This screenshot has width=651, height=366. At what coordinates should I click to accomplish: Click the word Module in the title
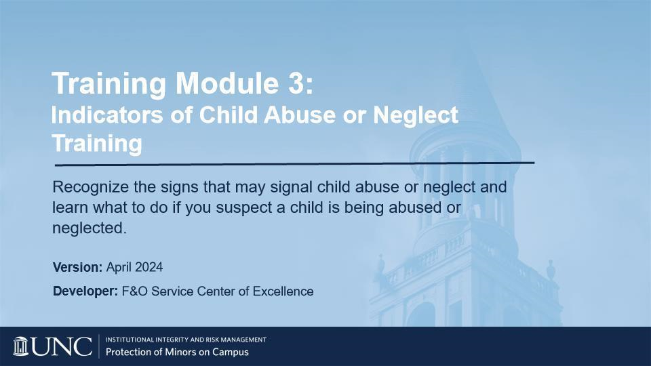226,83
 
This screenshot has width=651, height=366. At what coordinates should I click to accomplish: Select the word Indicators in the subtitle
107,115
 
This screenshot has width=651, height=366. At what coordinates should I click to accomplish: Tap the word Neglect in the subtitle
416,116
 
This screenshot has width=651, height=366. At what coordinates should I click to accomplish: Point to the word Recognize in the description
90,187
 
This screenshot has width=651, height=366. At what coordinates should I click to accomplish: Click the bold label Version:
77,267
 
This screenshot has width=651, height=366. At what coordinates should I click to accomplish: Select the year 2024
149,267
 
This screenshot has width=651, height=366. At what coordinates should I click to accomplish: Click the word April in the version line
119,267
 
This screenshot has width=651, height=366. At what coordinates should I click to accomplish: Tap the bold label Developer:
86,291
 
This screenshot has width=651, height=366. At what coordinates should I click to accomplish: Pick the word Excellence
283,291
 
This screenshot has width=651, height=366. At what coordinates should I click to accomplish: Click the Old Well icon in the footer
21,346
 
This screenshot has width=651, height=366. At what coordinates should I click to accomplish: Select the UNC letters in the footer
62,346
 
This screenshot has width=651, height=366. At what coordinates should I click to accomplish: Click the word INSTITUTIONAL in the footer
130,340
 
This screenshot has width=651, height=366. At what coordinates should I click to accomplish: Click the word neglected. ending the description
90,228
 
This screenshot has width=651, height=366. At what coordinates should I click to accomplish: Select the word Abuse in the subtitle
299,115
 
